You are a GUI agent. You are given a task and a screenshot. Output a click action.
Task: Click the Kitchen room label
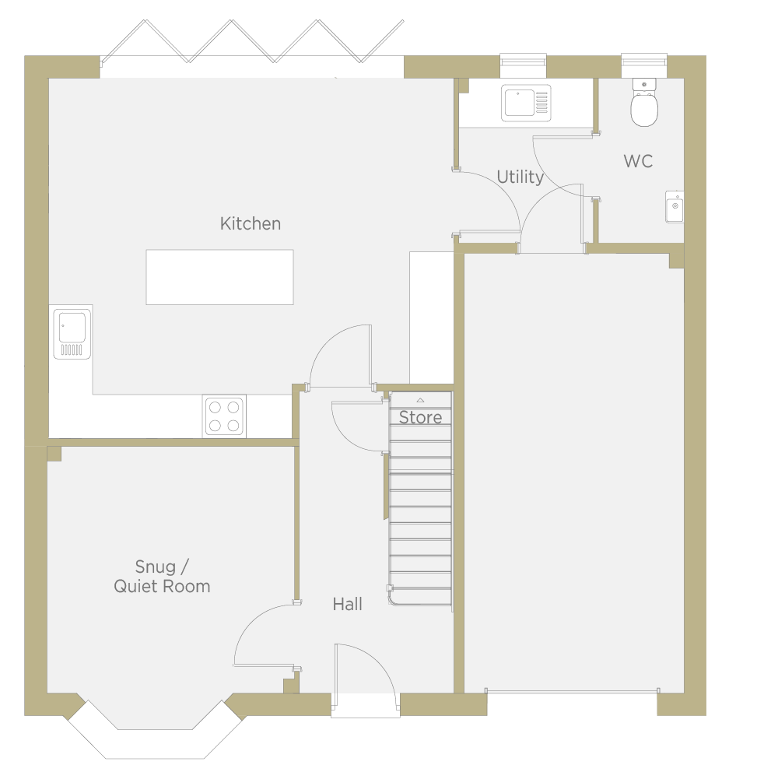[x=251, y=223]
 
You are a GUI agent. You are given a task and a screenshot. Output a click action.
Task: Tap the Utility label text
[x=520, y=177]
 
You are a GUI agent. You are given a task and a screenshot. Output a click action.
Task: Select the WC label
[x=638, y=161]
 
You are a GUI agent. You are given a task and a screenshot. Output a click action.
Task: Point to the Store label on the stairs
[x=420, y=417]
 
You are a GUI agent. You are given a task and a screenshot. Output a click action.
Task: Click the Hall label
[x=347, y=604]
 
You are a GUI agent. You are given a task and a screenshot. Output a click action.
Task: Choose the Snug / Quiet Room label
[x=162, y=577]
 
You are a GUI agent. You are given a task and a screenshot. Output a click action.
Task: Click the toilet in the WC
[x=644, y=103]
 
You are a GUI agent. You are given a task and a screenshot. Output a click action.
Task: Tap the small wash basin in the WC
[x=675, y=206]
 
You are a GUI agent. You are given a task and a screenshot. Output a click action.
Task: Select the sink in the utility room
[x=526, y=104]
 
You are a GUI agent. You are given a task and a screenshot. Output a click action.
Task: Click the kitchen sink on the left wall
[x=72, y=334]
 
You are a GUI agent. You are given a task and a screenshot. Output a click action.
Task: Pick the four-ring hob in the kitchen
[x=224, y=416]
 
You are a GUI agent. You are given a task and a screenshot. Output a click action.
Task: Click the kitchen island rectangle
[x=219, y=277]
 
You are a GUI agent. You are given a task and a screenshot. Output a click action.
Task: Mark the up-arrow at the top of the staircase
[x=420, y=400]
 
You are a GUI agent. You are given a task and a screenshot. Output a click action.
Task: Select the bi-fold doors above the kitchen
[x=252, y=42]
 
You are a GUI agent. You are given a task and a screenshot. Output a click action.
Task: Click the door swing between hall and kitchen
[x=340, y=356]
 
